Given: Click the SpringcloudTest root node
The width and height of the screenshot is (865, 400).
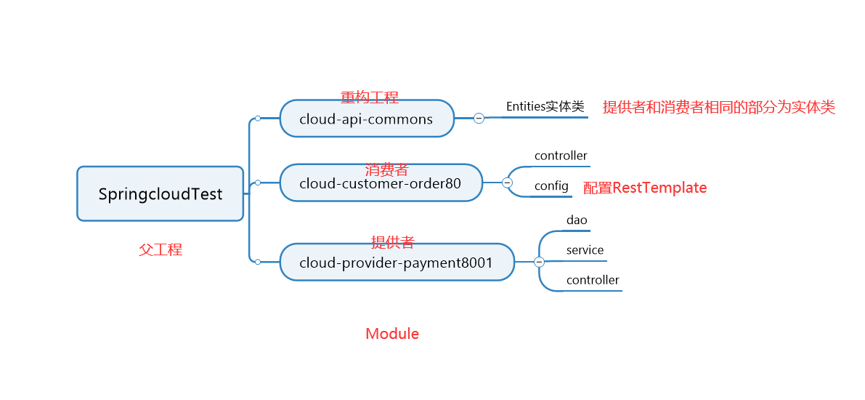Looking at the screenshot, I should (161, 194).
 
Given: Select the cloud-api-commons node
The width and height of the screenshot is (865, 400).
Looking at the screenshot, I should (366, 119).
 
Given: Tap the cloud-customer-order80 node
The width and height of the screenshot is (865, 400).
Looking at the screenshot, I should (381, 183).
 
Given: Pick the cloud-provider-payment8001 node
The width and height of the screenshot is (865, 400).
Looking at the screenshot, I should (397, 263).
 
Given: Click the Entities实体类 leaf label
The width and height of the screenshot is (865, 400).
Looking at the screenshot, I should (545, 106).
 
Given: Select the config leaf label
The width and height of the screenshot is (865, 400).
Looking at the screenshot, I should (551, 186).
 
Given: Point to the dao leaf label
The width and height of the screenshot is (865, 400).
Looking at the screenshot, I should (577, 220).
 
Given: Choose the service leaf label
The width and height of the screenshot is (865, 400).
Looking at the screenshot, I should (585, 250).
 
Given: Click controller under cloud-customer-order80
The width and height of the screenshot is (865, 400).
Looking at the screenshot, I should (561, 156).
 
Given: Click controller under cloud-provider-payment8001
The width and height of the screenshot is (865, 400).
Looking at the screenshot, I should (593, 280).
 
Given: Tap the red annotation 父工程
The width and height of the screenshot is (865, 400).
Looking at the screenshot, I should (161, 249).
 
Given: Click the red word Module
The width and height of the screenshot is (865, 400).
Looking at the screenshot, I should (392, 334).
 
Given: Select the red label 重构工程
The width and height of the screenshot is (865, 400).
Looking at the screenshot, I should (369, 97).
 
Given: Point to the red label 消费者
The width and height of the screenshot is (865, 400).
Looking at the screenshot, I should (386, 169).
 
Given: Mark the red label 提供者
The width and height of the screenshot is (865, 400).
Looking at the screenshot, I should (392, 242).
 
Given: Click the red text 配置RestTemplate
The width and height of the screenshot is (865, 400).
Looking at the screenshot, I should (645, 188).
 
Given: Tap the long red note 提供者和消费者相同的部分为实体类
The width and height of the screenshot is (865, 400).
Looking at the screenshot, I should (719, 107).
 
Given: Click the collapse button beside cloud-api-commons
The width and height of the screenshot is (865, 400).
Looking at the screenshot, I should (479, 118).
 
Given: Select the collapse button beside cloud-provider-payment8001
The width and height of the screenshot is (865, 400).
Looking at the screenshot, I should (539, 263).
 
